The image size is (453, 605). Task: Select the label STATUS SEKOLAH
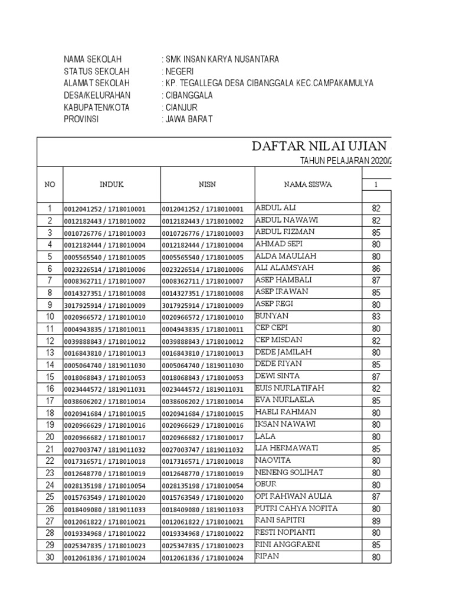coord(94,71)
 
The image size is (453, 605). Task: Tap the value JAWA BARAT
coord(189,119)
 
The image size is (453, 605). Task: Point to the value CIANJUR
coord(182,107)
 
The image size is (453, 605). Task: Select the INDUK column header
coord(111,184)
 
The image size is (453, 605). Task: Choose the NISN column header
coord(207,184)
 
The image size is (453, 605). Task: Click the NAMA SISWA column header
coord(307,184)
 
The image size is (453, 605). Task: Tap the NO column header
coord(50,184)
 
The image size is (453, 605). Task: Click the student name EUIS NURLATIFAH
coord(289,388)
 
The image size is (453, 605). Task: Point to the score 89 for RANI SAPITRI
coord(376,521)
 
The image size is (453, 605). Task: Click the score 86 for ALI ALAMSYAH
coord(376,268)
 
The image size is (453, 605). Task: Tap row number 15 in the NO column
coord(50,377)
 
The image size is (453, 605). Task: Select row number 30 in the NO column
coord(50,557)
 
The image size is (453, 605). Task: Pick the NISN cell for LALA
coord(202,437)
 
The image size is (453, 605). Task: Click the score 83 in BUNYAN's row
coord(376,317)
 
